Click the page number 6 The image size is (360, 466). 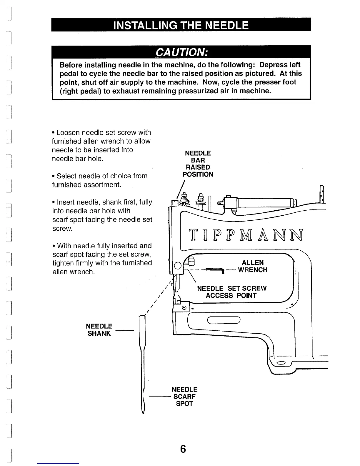tap(183, 449)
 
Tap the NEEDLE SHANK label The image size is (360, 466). tap(99, 330)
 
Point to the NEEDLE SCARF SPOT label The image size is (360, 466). tap(184, 397)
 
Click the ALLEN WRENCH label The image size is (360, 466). tap(253, 266)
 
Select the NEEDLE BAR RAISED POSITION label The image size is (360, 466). tap(198, 164)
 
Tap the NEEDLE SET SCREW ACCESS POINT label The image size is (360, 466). tap(231, 292)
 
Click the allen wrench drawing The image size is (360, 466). tap(215, 270)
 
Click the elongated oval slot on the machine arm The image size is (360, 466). tap(224, 320)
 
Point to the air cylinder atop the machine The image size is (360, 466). tap(265, 203)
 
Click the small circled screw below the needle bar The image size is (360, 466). tap(184, 308)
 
